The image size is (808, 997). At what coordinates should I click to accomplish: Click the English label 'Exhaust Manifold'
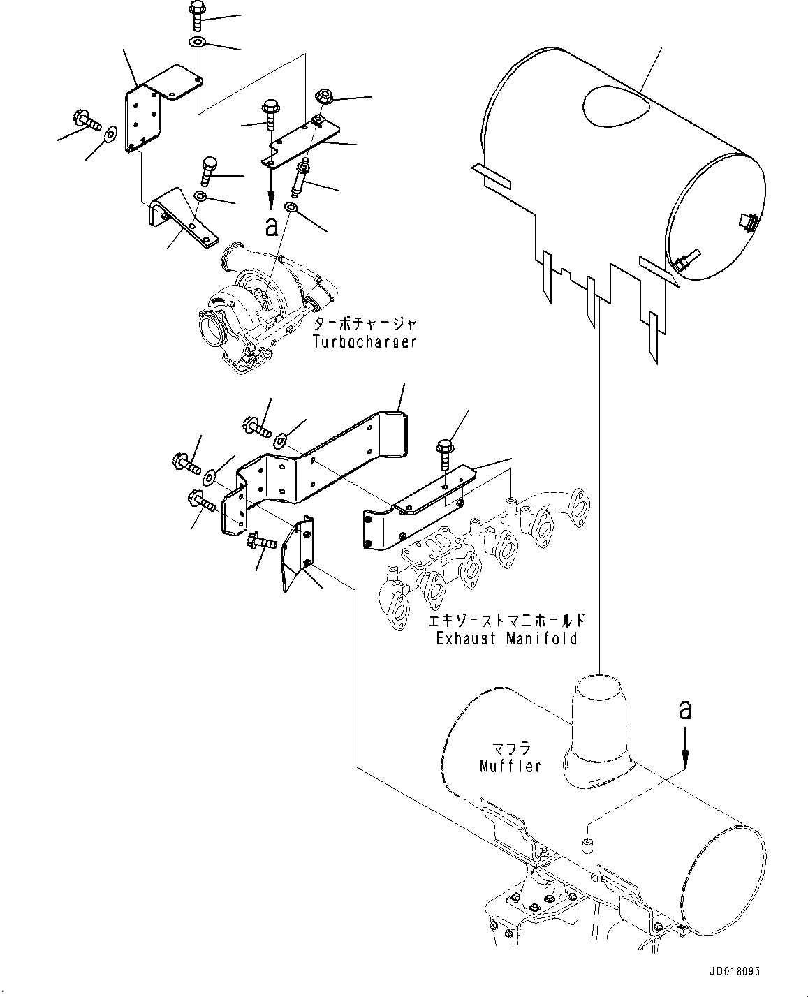(506, 638)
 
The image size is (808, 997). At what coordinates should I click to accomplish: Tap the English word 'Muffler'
(510, 766)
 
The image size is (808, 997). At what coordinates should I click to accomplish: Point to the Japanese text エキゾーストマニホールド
(506, 621)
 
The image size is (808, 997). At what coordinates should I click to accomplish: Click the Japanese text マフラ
(510, 749)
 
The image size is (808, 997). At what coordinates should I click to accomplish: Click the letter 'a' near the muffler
(685, 711)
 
